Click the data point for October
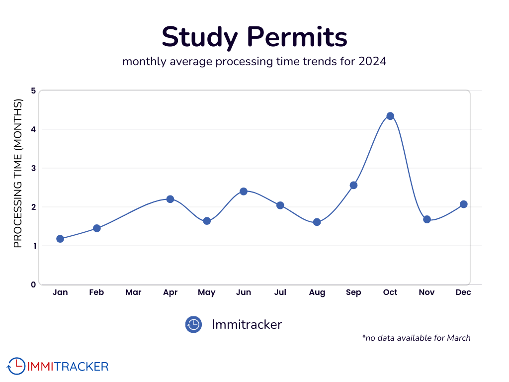point(390,116)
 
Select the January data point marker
point(60,239)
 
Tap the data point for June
point(244,191)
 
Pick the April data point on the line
point(170,199)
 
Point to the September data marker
point(353,185)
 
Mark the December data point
point(463,204)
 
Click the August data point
point(317,222)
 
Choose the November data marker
point(426,219)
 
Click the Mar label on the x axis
point(133,292)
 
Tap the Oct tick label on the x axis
point(390,292)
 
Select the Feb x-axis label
point(96,292)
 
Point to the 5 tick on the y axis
point(33,91)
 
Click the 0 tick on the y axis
point(33,285)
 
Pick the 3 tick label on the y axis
point(33,168)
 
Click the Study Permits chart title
point(254,37)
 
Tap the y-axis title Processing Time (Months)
point(18,174)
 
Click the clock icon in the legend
point(193,325)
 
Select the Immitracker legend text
point(247,325)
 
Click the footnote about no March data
point(416,338)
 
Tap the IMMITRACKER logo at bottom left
point(58,367)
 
